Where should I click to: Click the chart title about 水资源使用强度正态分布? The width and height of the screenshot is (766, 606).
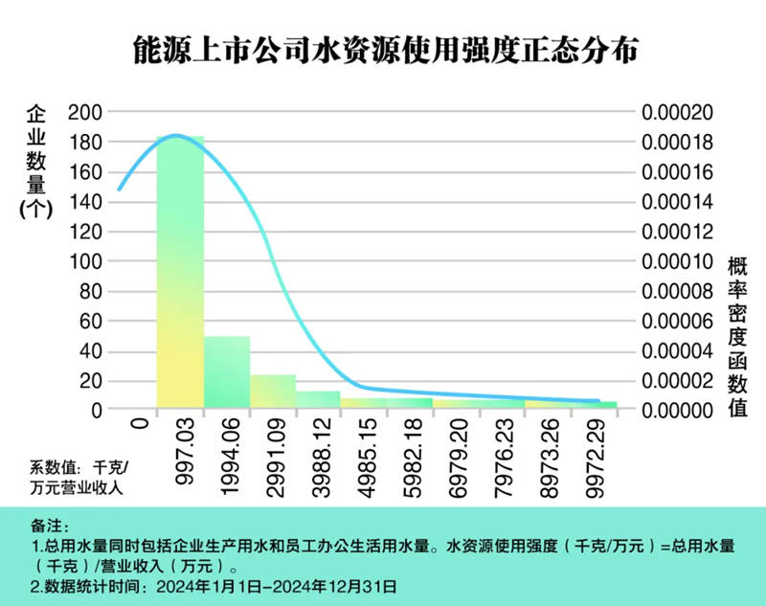point(383,51)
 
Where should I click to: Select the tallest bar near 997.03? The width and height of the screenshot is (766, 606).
point(181,273)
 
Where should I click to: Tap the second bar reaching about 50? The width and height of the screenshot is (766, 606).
point(227,372)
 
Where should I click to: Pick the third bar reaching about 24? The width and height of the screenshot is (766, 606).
point(274,392)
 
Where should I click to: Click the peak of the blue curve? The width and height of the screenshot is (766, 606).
point(177,136)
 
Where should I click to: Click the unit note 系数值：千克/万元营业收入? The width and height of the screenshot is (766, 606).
point(77,477)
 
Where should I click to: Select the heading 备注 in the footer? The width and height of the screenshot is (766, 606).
point(49,527)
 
